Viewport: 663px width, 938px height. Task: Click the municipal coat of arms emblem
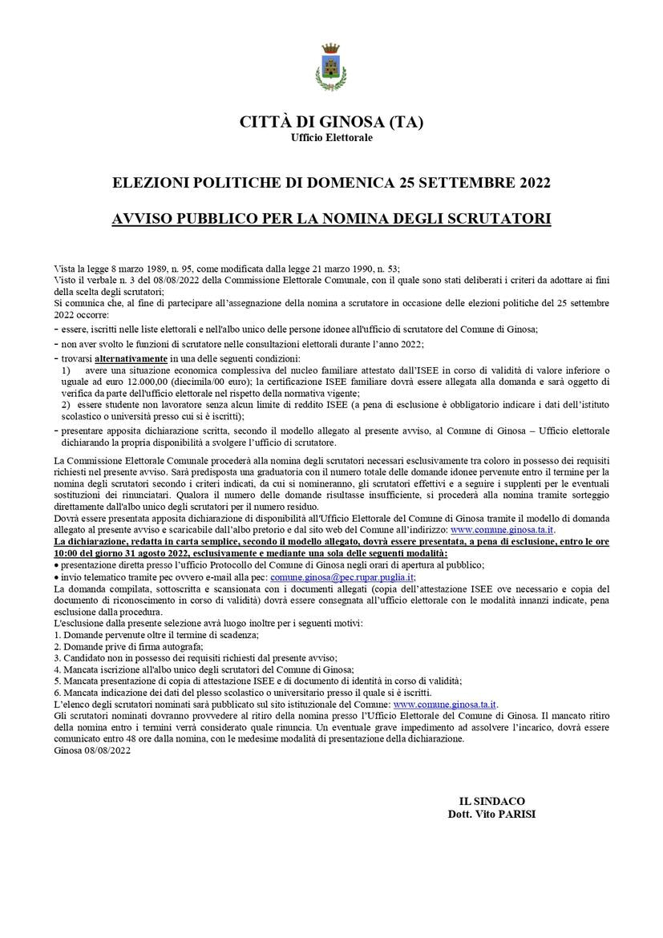(330, 67)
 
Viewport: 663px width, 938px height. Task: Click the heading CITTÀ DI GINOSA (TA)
(331, 123)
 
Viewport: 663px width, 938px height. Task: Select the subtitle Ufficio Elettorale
(331, 138)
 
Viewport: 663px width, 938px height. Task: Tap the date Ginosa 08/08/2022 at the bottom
(92, 750)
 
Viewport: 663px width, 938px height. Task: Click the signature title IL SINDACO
(492, 801)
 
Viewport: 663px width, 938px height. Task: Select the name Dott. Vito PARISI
(492, 814)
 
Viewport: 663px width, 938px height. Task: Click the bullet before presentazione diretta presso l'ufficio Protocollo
(56, 565)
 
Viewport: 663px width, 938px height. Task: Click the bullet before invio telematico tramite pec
(56, 576)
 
